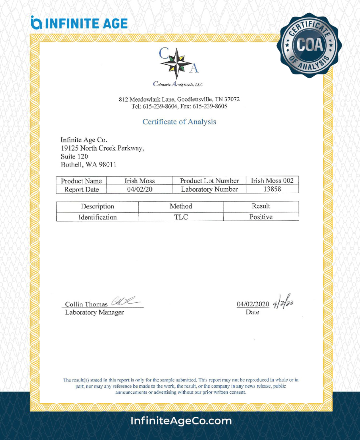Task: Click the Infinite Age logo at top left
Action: click(x=79, y=23)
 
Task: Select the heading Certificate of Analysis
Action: click(x=179, y=122)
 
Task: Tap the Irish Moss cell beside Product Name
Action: click(x=140, y=181)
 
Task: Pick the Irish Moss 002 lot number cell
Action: click(x=272, y=181)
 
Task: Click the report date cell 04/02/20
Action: click(x=140, y=190)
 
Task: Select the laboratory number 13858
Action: click(x=272, y=190)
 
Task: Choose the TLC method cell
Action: click(x=181, y=217)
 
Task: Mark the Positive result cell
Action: click(x=261, y=217)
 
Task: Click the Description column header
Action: click(x=98, y=206)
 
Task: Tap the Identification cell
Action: click(x=98, y=217)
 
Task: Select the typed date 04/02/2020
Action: click(x=253, y=304)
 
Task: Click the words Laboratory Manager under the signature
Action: click(x=94, y=312)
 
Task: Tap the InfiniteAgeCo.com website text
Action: click(x=181, y=421)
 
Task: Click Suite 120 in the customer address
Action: click(x=74, y=156)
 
